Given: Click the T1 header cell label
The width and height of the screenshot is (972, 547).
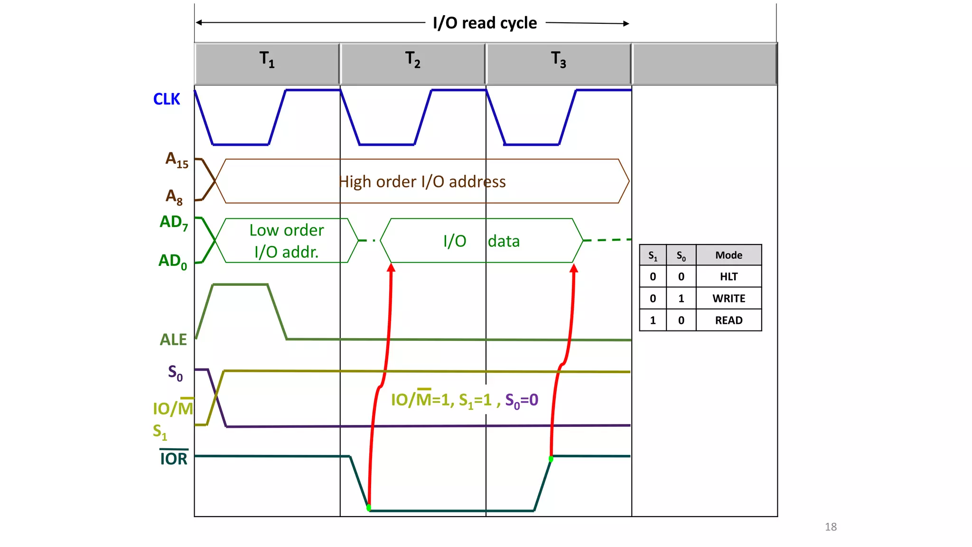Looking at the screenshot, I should tap(267, 60).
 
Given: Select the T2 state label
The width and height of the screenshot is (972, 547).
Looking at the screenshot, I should tap(412, 60).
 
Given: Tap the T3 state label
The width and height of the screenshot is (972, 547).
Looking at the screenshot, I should tap(558, 60).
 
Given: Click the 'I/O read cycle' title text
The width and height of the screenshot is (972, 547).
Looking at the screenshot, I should tap(485, 23).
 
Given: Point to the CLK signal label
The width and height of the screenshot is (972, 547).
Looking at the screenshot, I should tap(167, 99).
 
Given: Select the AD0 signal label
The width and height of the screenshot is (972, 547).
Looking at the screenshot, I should tap(173, 261).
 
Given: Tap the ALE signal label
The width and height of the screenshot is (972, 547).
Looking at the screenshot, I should tap(173, 340).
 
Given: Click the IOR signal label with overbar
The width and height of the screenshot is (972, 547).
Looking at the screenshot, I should tap(174, 458).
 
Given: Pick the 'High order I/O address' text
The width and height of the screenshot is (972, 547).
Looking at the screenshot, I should tap(422, 182).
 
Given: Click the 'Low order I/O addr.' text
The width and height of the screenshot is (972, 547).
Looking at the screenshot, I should tap(286, 241).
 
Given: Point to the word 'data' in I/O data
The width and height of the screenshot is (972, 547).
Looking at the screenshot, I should tap(504, 241).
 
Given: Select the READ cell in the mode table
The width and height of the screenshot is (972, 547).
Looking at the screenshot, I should tap(729, 321).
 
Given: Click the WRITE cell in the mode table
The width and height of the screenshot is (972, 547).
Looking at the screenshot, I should tap(729, 299).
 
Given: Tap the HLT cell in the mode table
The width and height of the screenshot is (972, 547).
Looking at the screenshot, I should tap(729, 277).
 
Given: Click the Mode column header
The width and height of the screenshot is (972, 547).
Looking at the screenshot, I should tap(729, 255).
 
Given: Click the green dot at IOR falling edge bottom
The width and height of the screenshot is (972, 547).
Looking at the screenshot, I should tap(369, 508).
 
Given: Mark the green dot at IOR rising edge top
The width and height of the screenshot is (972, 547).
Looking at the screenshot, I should tap(551, 459).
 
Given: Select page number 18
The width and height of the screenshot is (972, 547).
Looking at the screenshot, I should tap(831, 527).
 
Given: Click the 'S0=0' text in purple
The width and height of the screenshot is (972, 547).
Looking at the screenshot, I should tap(522, 400).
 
